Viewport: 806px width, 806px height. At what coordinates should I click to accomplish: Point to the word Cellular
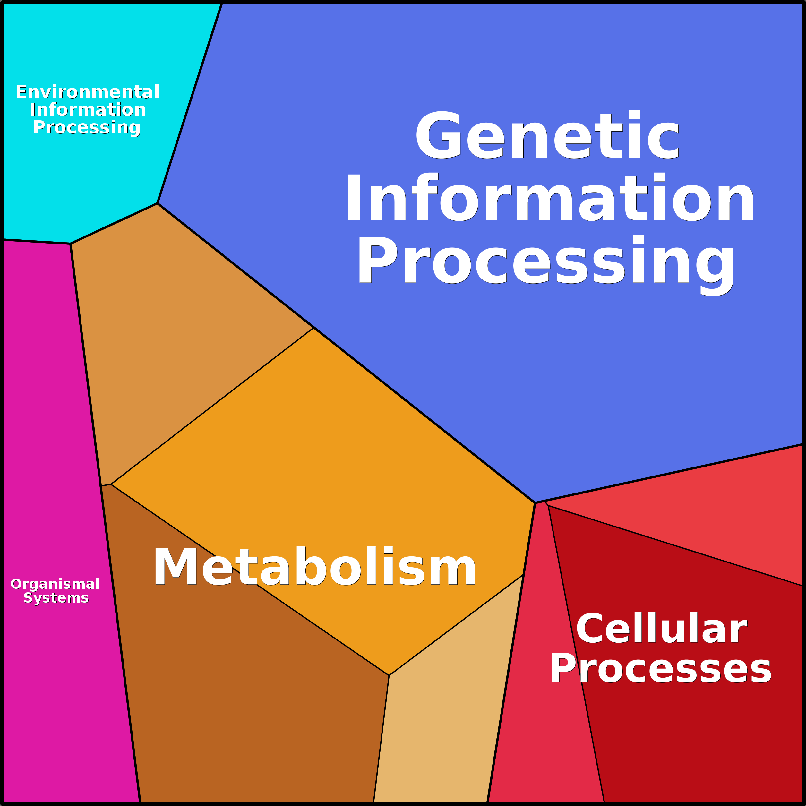tap(662, 628)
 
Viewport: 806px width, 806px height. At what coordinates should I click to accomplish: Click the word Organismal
tap(55, 584)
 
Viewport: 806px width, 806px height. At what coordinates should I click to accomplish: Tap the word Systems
tap(56, 598)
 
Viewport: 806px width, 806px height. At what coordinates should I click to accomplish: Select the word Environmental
tap(88, 92)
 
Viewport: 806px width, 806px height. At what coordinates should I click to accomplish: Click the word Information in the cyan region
tap(88, 110)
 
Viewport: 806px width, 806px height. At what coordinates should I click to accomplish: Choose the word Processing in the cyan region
tap(87, 127)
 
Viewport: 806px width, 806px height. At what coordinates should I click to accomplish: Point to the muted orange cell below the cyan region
tap(167, 334)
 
